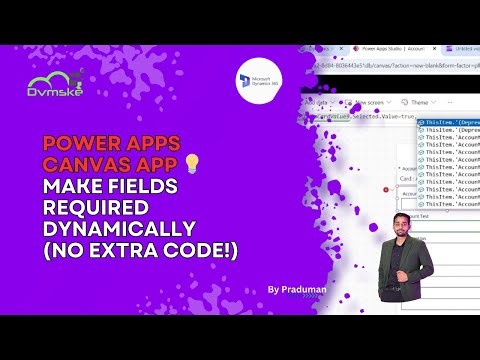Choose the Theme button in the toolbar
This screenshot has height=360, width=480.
point(418,101)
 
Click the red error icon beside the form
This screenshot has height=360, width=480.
point(385,188)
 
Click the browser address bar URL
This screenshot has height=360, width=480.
point(400,64)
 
